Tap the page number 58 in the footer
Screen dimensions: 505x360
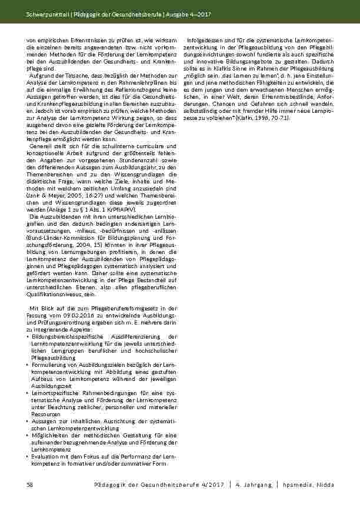pos(30,484)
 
